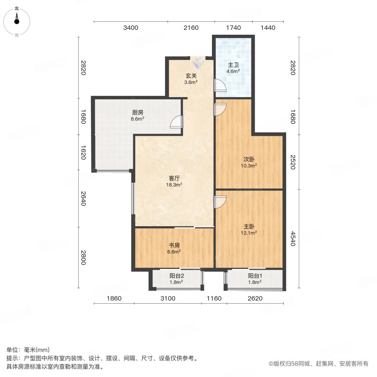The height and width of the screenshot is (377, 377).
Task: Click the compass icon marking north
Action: [17, 19]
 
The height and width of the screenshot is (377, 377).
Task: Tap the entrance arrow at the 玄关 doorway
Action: [197, 63]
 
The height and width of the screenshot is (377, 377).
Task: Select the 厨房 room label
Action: [138, 112]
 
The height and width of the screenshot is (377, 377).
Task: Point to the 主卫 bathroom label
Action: [233, 65]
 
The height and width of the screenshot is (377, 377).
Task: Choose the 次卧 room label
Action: [249, 159]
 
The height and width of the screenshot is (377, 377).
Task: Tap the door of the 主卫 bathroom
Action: [219, 85]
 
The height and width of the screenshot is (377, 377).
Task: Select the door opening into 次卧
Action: [219, 109]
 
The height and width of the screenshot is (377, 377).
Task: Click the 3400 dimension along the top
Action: [131, 28]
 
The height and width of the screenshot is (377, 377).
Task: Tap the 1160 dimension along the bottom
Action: [214, 298]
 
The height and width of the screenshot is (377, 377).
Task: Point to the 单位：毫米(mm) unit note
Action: [28, 350]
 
